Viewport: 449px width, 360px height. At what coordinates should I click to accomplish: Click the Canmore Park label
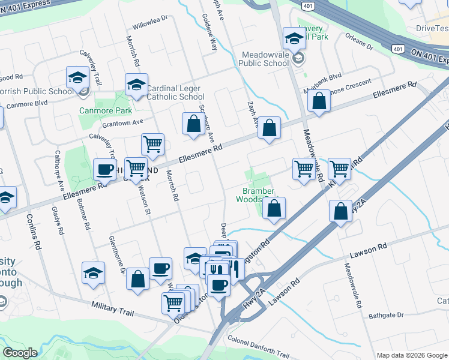(x=97, y=110)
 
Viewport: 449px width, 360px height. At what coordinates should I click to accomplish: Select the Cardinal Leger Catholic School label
(x=175, y=92)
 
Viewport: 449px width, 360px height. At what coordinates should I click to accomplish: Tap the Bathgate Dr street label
(x=387, y=315)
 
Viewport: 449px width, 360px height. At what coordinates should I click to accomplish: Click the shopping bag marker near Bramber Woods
(x=274, y=208)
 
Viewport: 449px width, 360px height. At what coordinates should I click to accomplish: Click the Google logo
(x=20, y=353)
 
